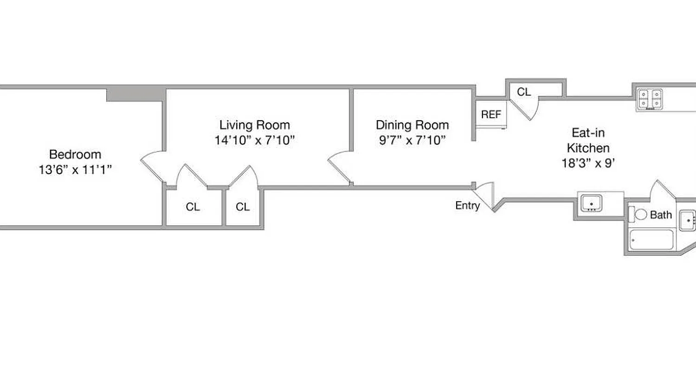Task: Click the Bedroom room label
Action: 75,154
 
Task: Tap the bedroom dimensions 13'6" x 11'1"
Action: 75,170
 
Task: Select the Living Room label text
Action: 254,125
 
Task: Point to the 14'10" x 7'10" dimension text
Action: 254,140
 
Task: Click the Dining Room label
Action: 412,125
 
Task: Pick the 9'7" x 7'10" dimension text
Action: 412,140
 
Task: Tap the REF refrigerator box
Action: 491,114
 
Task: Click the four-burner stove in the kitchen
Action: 650,99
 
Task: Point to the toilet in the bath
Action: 640,214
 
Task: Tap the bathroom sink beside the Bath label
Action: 688,220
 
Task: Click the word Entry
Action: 467,205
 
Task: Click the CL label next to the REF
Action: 524,92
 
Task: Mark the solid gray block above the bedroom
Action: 135,95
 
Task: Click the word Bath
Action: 661,215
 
